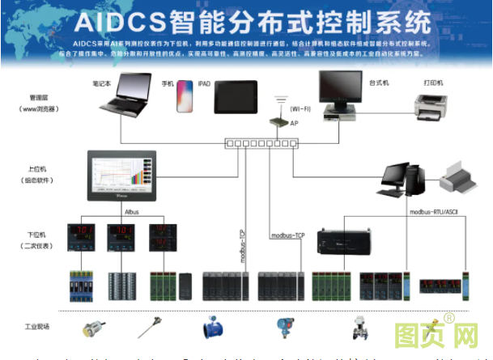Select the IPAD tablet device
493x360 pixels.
(231, 95)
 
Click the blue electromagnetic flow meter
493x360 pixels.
(214, 327)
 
